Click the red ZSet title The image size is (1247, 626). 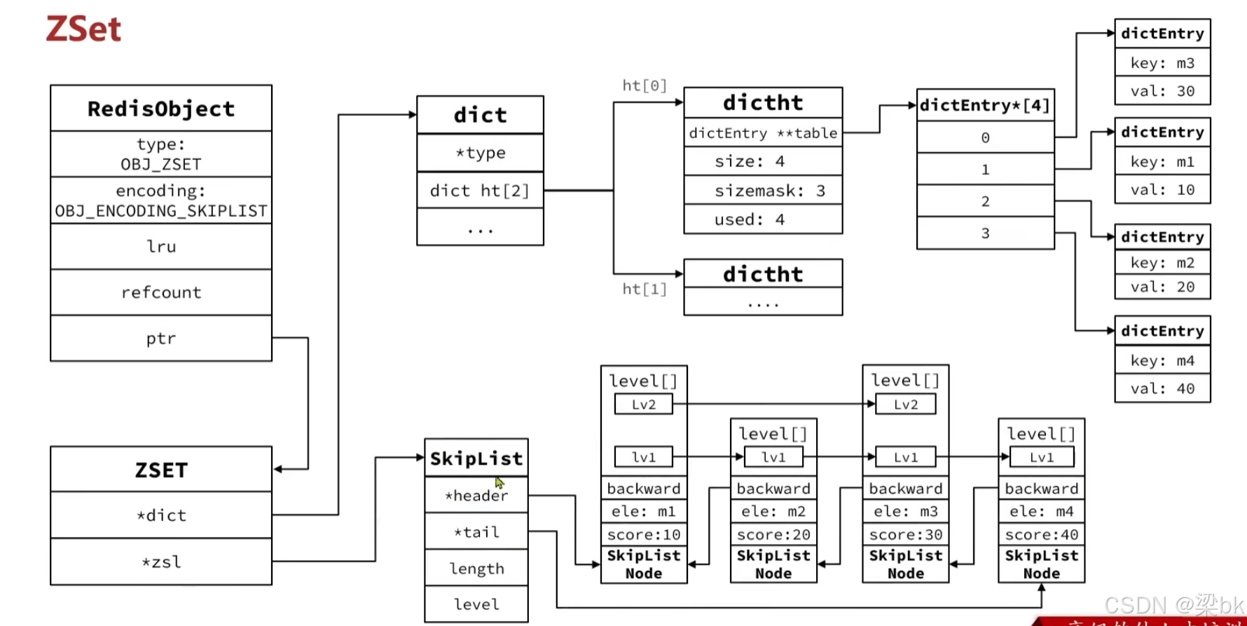[83, 29]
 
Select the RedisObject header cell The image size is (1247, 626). [161, 109]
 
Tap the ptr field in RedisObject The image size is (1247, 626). [161, 339]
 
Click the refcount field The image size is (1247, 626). [161, 292]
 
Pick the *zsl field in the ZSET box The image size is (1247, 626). [161, 562]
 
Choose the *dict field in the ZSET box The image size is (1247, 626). [161, 515]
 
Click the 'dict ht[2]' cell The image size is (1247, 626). [480, 191]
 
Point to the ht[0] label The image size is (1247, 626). [645, 86]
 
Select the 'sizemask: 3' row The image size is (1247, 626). [763, 191]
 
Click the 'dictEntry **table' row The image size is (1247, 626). [763, 133]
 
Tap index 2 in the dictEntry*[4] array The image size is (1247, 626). [985, 201]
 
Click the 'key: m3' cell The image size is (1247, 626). [1162, 63]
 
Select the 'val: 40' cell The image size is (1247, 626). [1162, 388]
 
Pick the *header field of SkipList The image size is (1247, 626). [476, 496]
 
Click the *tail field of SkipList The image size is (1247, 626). [476, 532]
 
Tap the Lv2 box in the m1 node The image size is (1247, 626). [643, 404]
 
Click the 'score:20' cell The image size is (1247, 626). [773, 535]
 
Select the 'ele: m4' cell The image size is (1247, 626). [1041, 512]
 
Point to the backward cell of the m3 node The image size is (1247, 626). [905, 489]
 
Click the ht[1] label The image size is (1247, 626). [645, 289]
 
